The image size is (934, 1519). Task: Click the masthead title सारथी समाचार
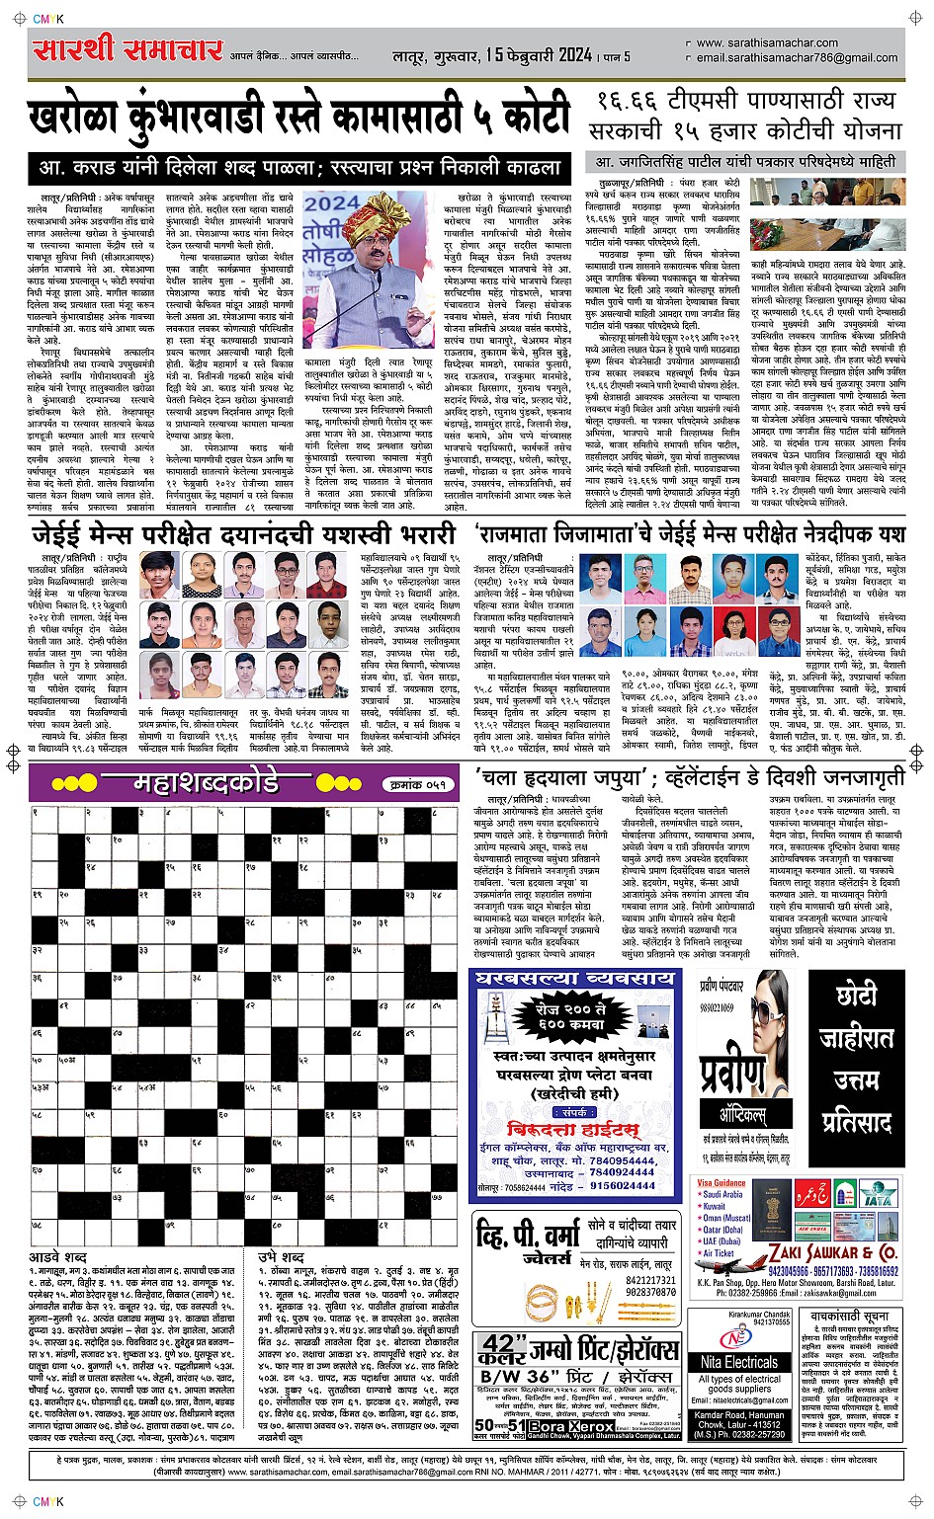pyautogui.click(x=128, y=50)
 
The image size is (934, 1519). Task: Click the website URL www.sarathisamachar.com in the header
pyautogui.click(x=767, y=43)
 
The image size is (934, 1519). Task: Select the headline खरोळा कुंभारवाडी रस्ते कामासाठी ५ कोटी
pyautogui.click(x=299, y=118)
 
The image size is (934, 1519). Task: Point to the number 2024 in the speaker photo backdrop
pyautogui.click(x=332, y=203)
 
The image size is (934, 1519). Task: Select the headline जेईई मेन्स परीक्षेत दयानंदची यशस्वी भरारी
pyautogui.click(x=244, y=534)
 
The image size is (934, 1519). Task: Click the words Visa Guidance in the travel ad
pyautogui.click(x=722, y=1182)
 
